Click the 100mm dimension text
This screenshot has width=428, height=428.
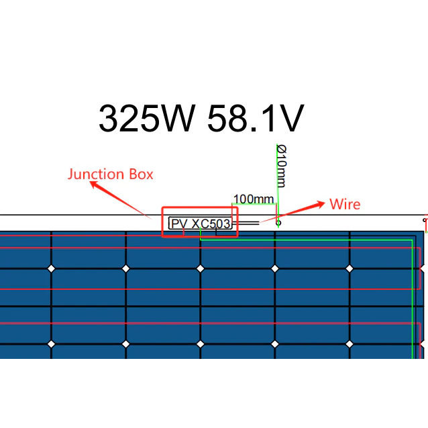click(253, 199)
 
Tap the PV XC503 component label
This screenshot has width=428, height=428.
click(200, 224)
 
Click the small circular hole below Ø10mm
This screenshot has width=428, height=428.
click(278, 223)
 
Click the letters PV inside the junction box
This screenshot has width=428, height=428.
click(178, 224)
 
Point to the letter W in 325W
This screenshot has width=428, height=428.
click(178, 119)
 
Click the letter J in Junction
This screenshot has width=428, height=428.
click(71, 174)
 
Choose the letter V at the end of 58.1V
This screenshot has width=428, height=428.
click(290, 119)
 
